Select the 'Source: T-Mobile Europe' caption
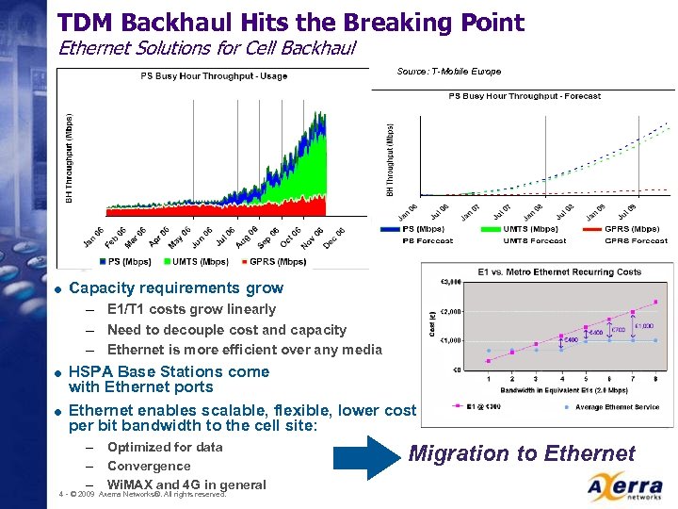[449, 72]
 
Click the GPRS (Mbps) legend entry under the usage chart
[273, 261]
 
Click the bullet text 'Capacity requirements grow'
[176, 288]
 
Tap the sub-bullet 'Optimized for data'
[165, 447]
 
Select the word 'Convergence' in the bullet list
[149, 466]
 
